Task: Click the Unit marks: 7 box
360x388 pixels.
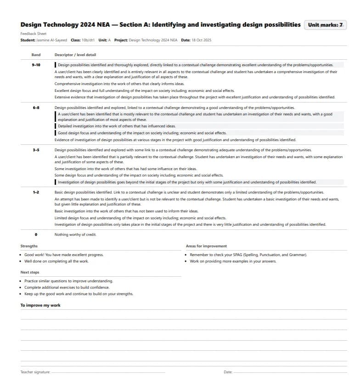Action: pos(325,25)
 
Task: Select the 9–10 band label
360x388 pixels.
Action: pos(36,65)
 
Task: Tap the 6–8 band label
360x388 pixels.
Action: pos(36,108)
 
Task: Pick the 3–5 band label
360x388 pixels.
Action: pos(36,150)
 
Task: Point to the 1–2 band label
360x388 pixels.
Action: pos(36,192)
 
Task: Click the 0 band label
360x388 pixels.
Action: pos(36,234)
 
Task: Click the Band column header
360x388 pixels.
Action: pos(36,55)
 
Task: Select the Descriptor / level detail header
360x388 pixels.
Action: pos(75,55)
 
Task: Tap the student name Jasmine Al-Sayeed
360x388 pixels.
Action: pos(51,40)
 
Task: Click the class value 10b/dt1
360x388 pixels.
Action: pos(88,40)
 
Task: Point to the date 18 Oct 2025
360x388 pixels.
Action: pos(202,40)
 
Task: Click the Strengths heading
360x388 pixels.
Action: pos(29,246)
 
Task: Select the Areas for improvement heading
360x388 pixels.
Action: pos(206,246)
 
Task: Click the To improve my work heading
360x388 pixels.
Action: pos(40,305)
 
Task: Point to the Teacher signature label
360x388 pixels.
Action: pos(35,372)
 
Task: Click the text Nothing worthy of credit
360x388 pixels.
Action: pos(75,234)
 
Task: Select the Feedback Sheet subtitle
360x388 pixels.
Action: pos(34,34)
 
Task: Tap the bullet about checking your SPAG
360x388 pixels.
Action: pos(248,255)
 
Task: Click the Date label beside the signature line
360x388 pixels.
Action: pos(228,372)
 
